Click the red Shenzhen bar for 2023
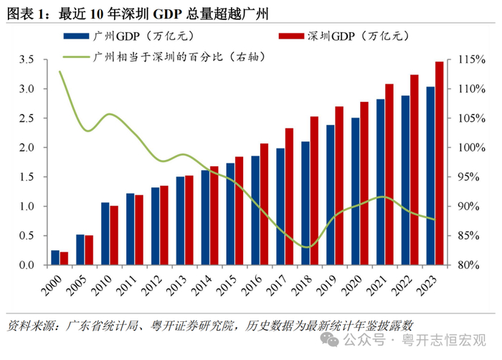click(439, 164)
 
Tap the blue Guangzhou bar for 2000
click(55, 258)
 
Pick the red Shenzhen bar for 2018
click(314, 191)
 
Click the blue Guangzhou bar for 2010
click(105, 234)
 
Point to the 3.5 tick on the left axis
click(27, 60)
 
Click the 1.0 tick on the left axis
click(27, 207)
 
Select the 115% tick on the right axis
click(462, 60)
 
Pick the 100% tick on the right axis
click(462, 148)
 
